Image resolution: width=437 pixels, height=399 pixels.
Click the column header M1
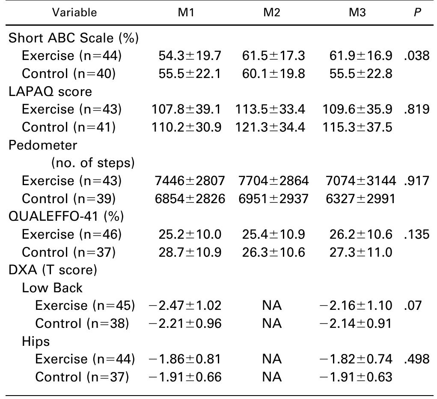coord(186,12)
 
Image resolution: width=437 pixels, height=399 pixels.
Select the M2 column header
coord(272,12)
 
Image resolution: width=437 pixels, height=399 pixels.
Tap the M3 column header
coord(357,12)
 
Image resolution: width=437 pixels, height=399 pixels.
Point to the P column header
coord(417,12)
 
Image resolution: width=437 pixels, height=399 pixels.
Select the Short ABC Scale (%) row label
coord(74,38)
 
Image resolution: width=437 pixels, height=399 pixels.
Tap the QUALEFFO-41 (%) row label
coord(66,216)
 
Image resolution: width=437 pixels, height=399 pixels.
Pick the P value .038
coord(416,56)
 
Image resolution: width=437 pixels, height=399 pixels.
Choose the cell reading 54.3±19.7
coord(186,56)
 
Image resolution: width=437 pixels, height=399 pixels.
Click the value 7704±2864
coord(272,181)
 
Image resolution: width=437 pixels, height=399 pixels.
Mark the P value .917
coord(416,181)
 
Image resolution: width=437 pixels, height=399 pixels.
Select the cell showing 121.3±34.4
coord(270,127)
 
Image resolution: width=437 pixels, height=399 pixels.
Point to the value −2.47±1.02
coord(185,306)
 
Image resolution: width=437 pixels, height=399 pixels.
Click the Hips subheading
coord(36,342)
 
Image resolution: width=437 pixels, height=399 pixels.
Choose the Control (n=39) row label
coord(68,199)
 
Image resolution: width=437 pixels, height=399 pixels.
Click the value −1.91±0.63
coord(356,377)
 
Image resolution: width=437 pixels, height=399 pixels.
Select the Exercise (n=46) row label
coord(71,234)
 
